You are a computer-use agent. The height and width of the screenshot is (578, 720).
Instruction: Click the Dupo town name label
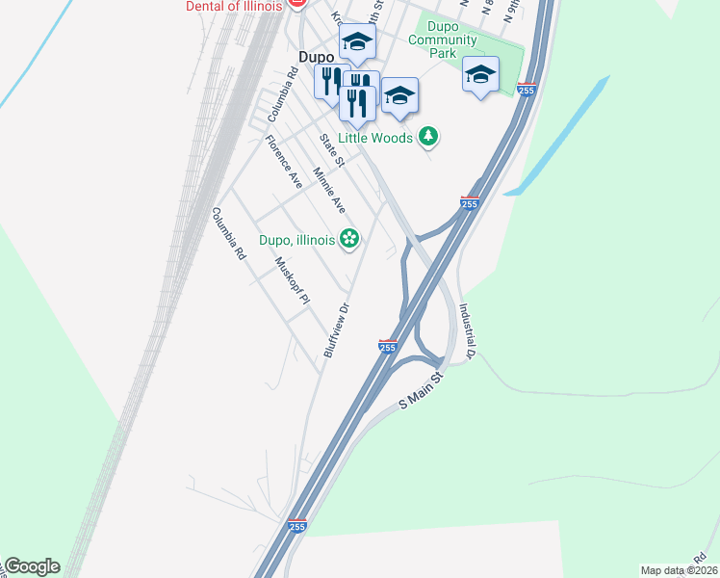click(x=316, y=57)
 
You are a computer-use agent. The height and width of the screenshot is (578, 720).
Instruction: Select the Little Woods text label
click(x=387, y=138)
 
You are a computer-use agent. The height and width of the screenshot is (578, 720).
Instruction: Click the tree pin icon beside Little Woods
click(x=429, y=137)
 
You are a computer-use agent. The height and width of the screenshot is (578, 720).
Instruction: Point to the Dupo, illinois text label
click(x=296, y=239)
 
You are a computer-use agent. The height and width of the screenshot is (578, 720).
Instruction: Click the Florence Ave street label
click(x=284, y=162)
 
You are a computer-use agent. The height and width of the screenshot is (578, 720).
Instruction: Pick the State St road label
click(x=332, y=147)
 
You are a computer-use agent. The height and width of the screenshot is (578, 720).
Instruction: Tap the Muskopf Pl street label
click(x=292, y=280)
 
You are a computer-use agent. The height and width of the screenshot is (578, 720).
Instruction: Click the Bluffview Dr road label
click(x=335, y=330)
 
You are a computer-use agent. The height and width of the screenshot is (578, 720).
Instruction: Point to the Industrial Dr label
click(x=468, y=331)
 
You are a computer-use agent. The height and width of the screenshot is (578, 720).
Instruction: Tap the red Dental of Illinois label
click(x=235, y=6)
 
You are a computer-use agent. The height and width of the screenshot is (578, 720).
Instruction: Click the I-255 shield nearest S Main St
click(x=387, y=347)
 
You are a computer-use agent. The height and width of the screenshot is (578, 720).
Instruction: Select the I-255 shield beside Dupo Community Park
click(x=526, y=90)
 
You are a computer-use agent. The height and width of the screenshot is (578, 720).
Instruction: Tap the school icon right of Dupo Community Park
click(x=480, y=74)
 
